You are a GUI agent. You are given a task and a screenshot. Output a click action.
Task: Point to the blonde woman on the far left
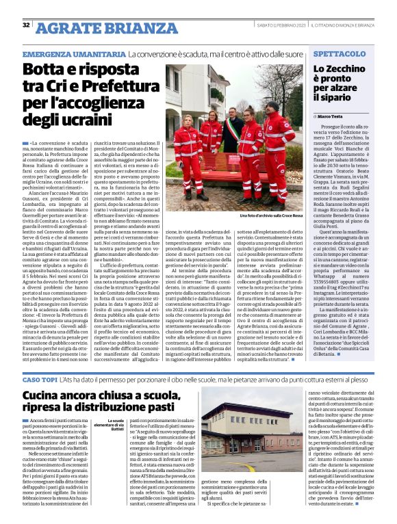(x=189, y=150)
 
